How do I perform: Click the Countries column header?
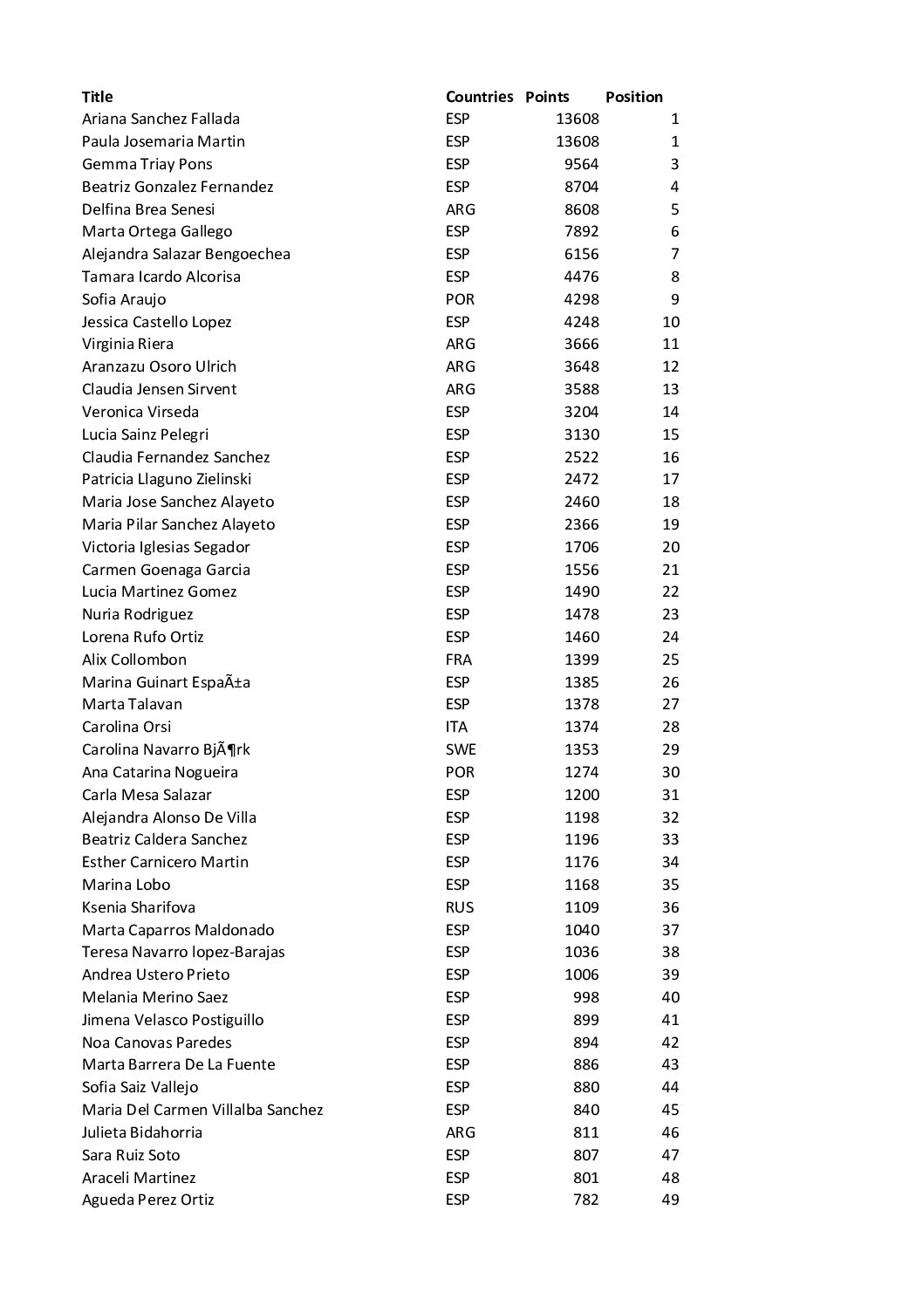tap(479, 97)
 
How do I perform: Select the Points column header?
tap(547, 97)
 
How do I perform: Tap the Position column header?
tap(633, 97)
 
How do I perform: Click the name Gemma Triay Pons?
tap(147, 164)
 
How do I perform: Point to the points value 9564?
tap(581, 164)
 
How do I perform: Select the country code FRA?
tap(458, 660)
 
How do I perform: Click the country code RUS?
tap(459, 907)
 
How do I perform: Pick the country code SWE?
tap(460, 749)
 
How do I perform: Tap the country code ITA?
tap(456, 727)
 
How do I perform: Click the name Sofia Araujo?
tap(123, 299)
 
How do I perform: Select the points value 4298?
tap(581, 299)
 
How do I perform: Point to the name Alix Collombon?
tap(133, 660)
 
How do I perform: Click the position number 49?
tap(670, 1200)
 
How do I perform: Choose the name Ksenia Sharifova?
tap(138, 907)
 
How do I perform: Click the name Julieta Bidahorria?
tap(141, 1132)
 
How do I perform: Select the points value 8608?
tap(581, 209)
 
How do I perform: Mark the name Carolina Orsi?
tap(126, 727)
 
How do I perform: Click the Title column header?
tap(97, 97)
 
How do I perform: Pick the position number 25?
tap(670, 660)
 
